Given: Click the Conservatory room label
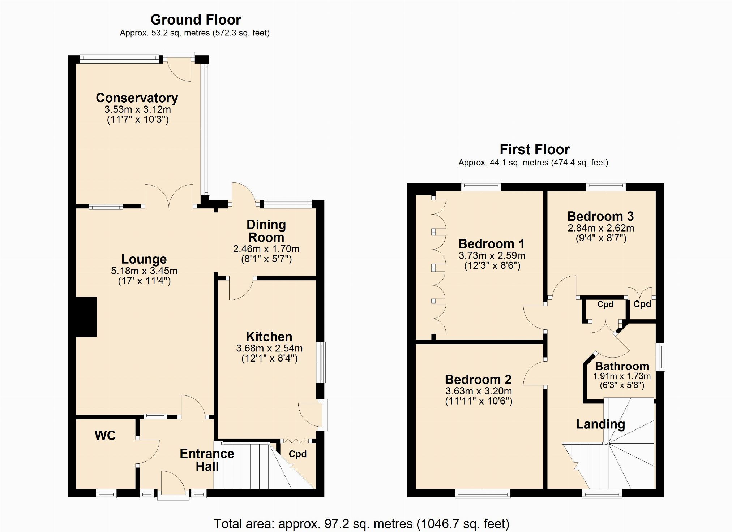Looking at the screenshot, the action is coord(137,98).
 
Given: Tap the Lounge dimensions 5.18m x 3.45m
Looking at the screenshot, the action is coord(144,271).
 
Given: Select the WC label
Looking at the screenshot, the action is coord(105,435).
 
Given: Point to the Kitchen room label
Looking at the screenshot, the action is coord(269,337).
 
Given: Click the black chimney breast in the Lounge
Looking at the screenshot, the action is coord(86,317).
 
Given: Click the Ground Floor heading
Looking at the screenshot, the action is coord(196,20).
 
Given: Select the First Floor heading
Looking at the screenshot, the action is coord(535,149).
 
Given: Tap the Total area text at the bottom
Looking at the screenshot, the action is coord(361,524).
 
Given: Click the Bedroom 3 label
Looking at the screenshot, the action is coord(600,216).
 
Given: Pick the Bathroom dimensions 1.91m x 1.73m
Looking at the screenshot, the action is coord(622,376).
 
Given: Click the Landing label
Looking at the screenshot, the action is coord(600,424).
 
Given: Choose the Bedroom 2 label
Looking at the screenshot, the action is coord(478,379).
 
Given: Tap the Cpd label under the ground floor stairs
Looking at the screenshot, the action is coord(297,454).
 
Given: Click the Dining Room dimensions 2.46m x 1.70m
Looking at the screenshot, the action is coord(266,249).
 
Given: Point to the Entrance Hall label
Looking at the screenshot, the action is coord(207,460).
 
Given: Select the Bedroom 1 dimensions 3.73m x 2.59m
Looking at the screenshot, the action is coord(492,256).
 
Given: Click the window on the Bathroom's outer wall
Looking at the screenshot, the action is coord(660,357).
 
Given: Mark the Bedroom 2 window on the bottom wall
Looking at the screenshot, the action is coord(483,493).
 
